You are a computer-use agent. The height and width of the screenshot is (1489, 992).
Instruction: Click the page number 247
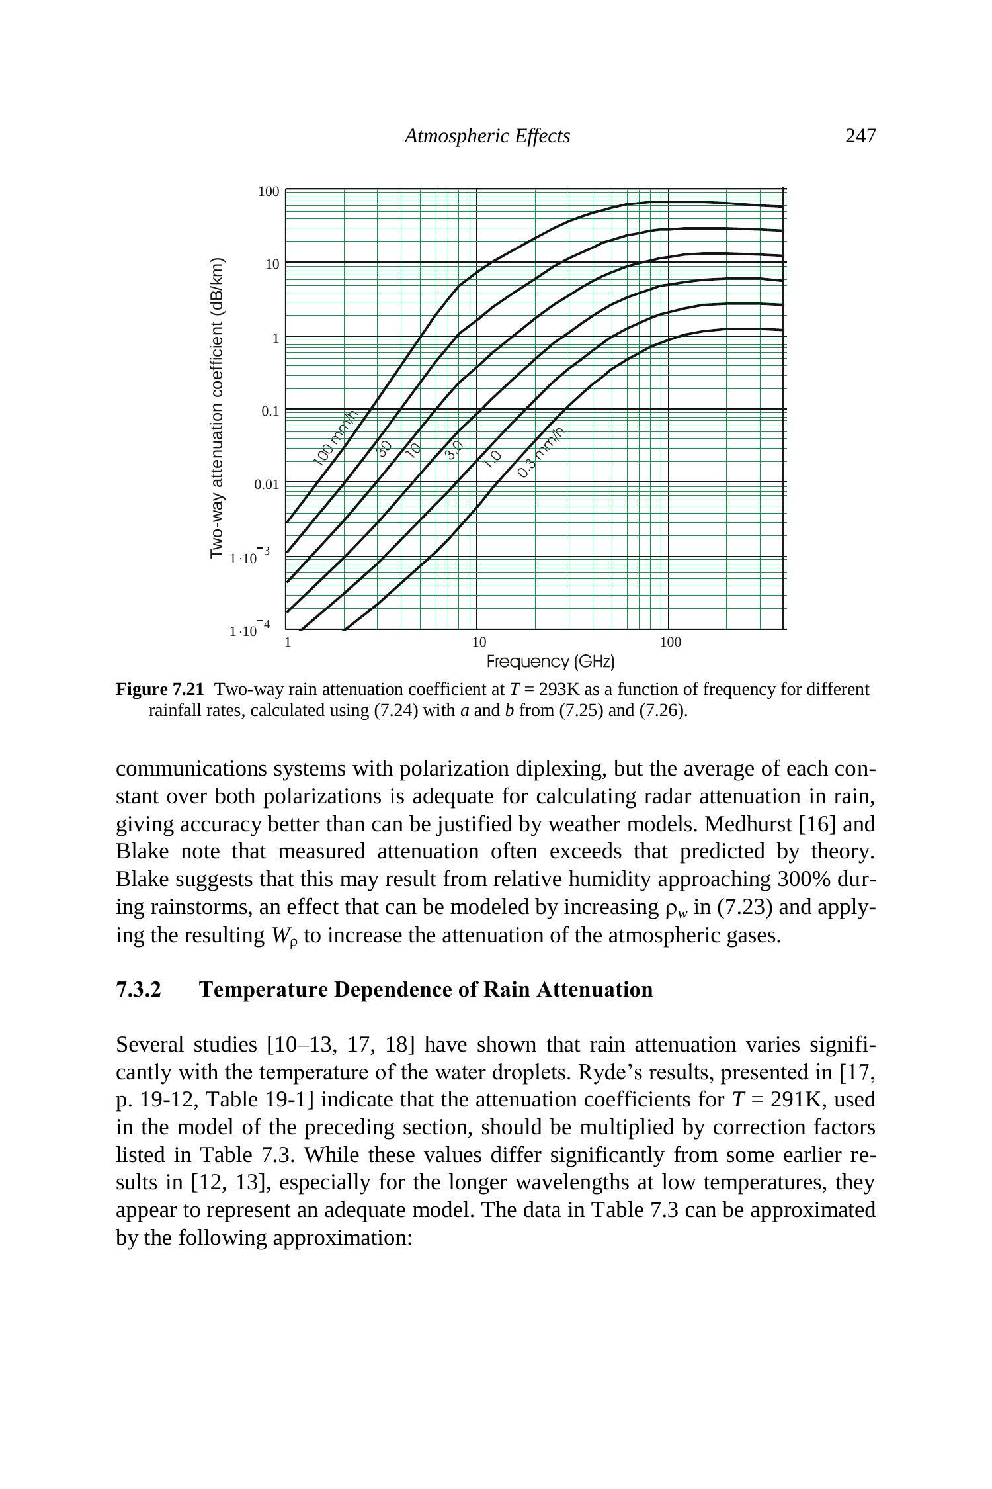[860, 136]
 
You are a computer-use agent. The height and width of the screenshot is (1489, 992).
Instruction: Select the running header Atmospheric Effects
[487, 136]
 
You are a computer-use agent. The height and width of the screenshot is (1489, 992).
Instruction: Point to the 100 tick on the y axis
[269, 192]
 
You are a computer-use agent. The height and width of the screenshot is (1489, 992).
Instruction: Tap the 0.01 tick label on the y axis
[267, 484]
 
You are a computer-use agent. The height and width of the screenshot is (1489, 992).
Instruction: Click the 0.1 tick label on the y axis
[270, 411]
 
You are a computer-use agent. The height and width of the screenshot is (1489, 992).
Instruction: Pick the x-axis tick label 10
[479, 642]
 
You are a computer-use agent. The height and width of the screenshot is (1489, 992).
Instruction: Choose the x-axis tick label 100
[670, 642]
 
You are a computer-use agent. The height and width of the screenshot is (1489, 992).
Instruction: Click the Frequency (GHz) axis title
[550, 662]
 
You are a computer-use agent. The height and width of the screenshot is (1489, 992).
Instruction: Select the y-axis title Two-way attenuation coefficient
[217, 408]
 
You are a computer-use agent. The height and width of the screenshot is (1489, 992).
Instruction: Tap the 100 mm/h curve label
[335, 437]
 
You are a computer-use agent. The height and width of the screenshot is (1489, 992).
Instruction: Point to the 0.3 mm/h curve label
[542, 453]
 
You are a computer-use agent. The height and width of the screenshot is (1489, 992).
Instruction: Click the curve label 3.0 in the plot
[454, 451]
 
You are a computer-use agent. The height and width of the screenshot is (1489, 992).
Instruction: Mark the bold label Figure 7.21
[160, 690]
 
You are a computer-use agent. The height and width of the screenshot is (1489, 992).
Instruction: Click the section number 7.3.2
[139, 989]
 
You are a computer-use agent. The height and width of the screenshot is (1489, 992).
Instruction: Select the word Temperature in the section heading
[263, 989]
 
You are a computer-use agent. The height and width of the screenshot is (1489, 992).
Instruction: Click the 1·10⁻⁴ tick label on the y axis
[249, 629]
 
